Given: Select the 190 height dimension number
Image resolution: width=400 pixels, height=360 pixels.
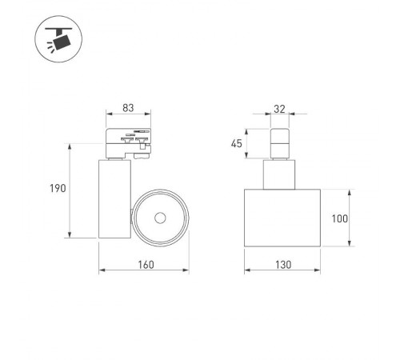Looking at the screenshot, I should click(x=57, y=189).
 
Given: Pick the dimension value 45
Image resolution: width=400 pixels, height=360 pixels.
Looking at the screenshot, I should click(x=237, y=144).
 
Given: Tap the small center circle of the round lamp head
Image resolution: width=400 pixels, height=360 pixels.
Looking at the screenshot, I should click(x=159, y=218).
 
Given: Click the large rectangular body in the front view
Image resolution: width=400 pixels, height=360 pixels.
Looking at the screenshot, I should click(x=282, y=216).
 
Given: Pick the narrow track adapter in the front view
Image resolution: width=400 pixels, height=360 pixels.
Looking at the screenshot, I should click(x=279, y=142).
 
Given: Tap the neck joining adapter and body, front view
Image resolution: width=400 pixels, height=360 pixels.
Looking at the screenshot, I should click(x=279, y=174).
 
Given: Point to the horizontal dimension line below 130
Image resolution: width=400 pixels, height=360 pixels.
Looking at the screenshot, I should click(x=282, y=270).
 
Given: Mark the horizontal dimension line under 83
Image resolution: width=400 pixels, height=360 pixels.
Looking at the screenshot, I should click(x=128, y=114).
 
